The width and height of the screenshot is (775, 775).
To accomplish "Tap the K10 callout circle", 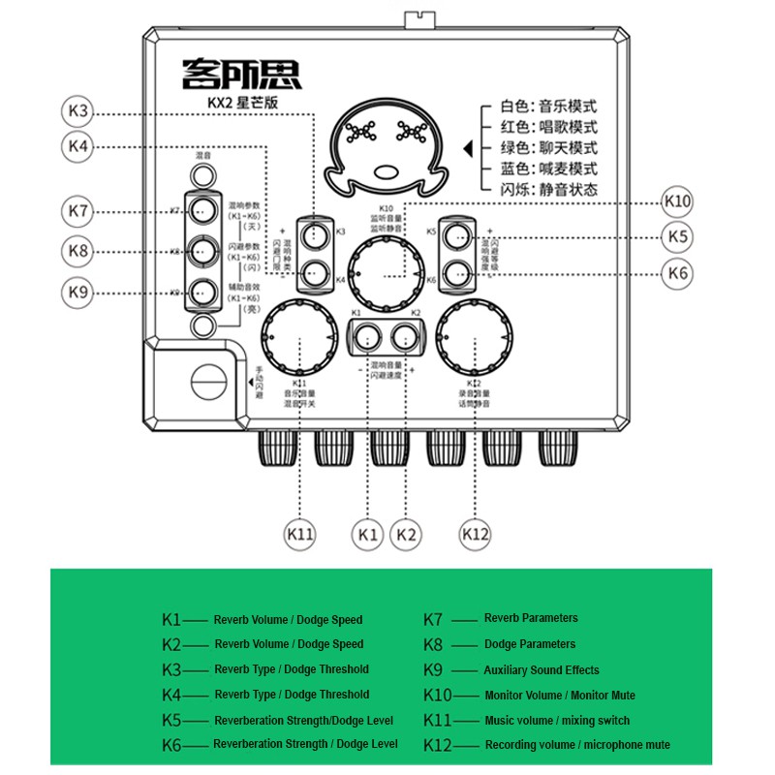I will pyautogui.click(x=677, y=201).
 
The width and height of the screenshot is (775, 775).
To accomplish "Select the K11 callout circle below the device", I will pyautogui.click(x=300, y=533).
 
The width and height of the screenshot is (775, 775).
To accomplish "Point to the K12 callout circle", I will pyautogui.click(x=475, y=533).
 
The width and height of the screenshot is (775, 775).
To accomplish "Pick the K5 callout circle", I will pyautogui.click(x=677, y=236).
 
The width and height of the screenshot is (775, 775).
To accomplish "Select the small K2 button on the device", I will pyautogui.click(x=404, y=337).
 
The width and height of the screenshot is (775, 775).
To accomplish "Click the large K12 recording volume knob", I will pyautogui.click(x=474, y=339).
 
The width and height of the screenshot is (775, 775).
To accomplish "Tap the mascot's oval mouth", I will pyautogui.click(x=387, y=172).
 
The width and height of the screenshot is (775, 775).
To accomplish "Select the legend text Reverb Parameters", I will pyautogui.click(x=531, y=618).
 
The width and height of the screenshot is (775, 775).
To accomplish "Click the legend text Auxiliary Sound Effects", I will pyautogui.click(x=542, y=670).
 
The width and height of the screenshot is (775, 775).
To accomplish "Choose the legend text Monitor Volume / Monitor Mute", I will pyautogui.click(x=560, y=696).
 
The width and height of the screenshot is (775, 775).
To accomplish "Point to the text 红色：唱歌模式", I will pyautogui.click(x=548, y=127).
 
